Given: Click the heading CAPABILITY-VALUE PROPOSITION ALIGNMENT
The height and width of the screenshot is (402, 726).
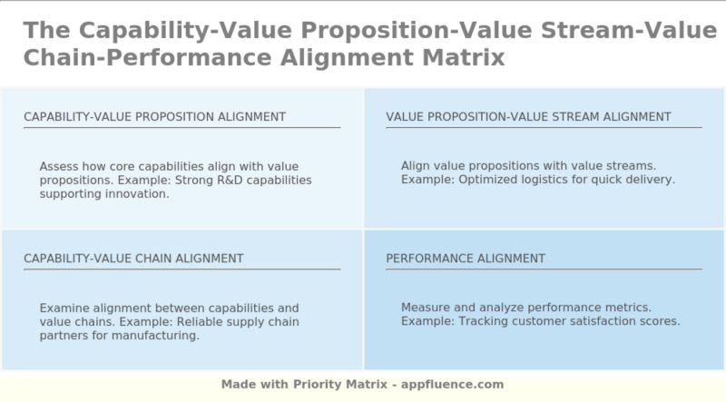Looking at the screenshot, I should pos(154,117).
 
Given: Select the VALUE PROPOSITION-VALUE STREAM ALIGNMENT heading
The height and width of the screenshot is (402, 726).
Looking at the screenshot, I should pos(528,117).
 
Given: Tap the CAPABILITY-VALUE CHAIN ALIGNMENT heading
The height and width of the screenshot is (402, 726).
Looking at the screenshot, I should pos(133,259).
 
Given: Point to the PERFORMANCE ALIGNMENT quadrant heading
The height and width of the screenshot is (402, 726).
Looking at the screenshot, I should pos(466,259).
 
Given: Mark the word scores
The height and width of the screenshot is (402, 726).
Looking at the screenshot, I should pos(661,321).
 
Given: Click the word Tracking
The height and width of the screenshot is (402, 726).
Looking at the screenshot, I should pos(484,321).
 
